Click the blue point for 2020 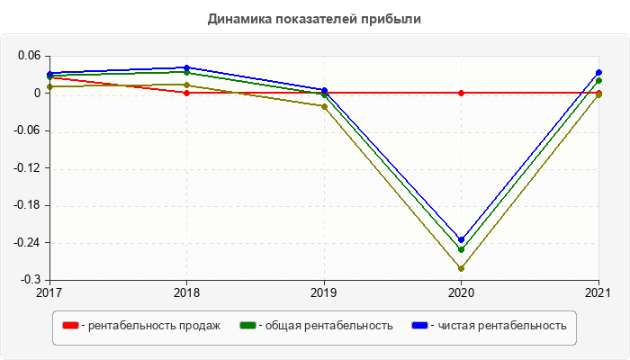[462, 240]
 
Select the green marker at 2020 [462, 249]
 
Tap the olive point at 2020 [462, 268]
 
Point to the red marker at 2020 [462, 93]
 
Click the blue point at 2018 [186, 67]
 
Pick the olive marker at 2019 [324, 106]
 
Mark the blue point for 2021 [598, 73]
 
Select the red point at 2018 [186, 93]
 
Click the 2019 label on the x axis [324, 292]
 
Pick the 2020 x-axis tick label [462, 292]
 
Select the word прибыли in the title [397, 19]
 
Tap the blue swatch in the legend [419, 326]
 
